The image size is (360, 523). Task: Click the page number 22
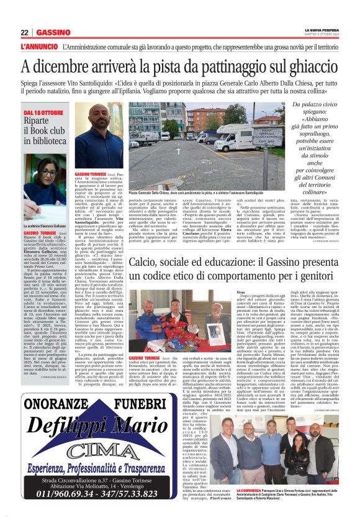click(24, 32)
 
